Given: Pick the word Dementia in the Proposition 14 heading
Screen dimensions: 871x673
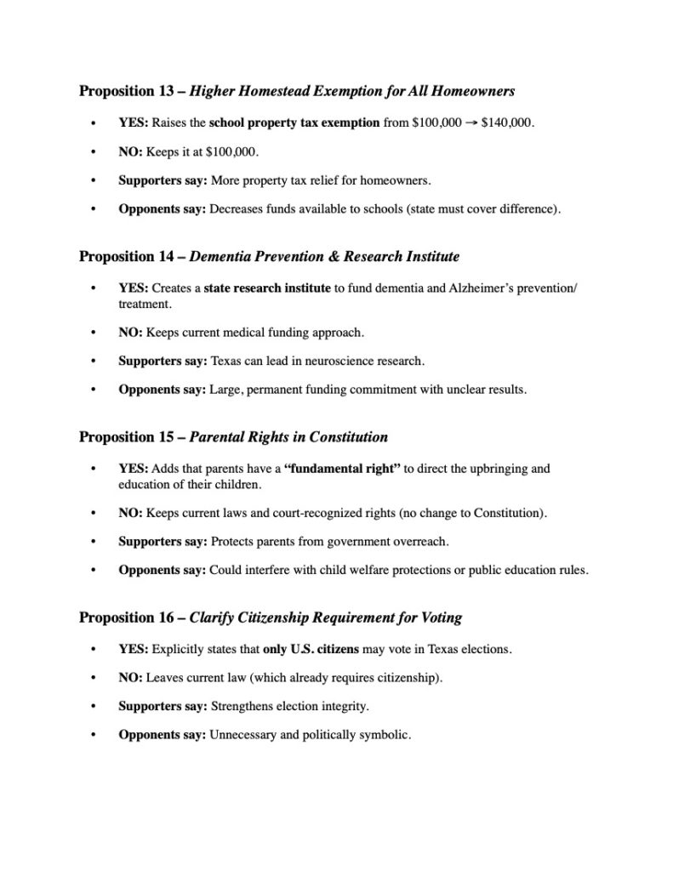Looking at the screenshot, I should [220, 256].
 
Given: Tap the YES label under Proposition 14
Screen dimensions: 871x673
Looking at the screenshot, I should [134, 289].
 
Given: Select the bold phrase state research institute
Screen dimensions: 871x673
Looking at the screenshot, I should [267, 289].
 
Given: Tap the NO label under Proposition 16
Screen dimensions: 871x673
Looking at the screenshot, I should [130, 679].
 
